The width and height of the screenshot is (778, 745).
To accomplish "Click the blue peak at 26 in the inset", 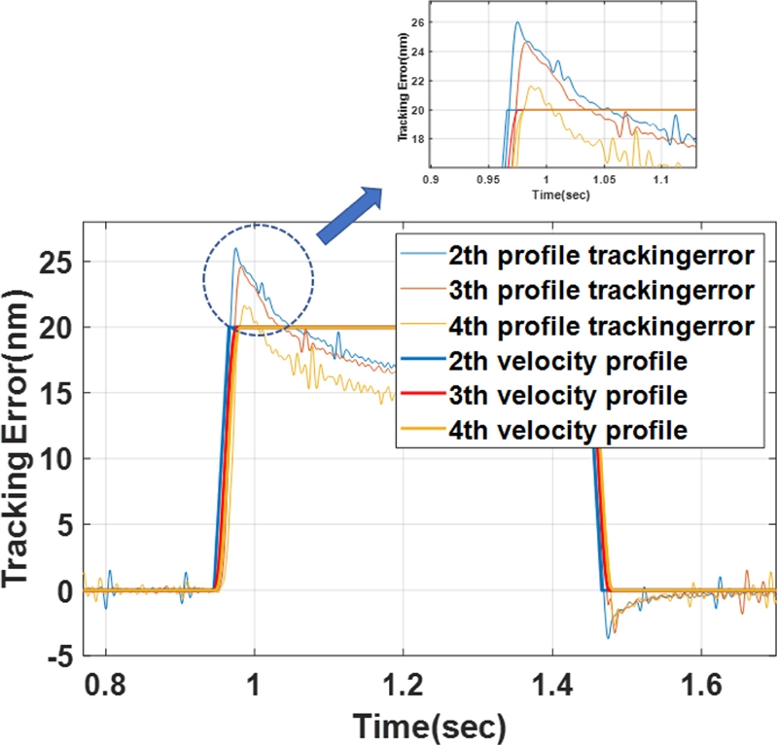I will [517, 22].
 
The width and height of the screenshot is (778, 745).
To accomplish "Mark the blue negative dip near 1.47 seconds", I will [608, 637].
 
